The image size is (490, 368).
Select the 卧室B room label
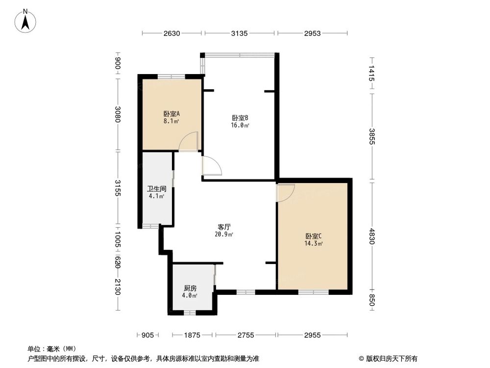pyautogui.click(x=240, y=118)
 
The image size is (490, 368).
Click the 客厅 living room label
pyautogui.click(x=224, y=227)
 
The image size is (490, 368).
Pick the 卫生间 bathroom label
pyautogui.click(x=156, y=188)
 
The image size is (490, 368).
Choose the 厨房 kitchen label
pyautogui.click(x=190, y=289)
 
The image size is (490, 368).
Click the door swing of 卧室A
pyautogui.click(x=189, y=142)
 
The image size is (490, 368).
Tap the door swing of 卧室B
pyautogui.click(x=212, y=165)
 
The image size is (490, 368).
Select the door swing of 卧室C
pyautogui.click(x=286, y=192)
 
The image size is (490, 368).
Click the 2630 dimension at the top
pyautogui.click(x=172, y=33)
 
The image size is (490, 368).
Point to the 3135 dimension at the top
pyautogui.click(x=240, y=33)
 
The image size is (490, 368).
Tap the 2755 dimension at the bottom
pyautogui.click(x=246, y=335)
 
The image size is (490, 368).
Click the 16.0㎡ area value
pyautogui.click(x=240, y=126)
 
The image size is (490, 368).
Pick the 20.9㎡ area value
pyautogui.click(x=224, y=235)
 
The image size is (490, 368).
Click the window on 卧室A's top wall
pyautogui.click(x=171, y=76)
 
